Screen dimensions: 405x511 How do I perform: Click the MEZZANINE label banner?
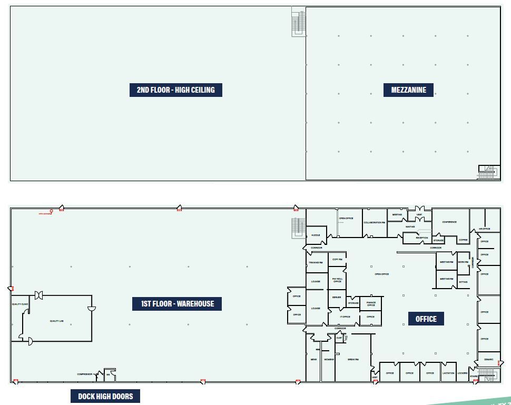coord(408,90)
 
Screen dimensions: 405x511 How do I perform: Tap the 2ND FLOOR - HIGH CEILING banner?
coord(175,90)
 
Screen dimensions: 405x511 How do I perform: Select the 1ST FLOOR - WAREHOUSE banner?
coord(177,304)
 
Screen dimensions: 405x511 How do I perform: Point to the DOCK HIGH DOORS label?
coord(105,397)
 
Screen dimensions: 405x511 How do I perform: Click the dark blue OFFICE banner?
coord(426,319)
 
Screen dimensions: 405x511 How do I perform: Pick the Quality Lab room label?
coord(57,321)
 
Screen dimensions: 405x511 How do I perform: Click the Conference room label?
coord(449,222)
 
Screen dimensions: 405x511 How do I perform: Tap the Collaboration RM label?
coord(375,223)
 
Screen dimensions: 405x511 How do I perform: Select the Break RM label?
coord(353,360)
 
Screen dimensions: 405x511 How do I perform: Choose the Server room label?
coord(337,298)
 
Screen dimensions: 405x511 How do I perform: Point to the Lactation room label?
coord(448,373)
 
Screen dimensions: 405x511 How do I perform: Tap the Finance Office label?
coord(371,304)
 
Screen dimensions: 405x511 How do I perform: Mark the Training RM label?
coord(316,262)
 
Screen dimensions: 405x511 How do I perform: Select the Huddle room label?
coord(316,235)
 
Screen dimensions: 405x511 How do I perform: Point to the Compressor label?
coord(85,374)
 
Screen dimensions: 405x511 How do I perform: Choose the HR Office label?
coord(485,229)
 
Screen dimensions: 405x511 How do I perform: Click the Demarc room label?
coord(488,360)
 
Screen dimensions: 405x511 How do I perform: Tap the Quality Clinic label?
coord(20,304)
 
